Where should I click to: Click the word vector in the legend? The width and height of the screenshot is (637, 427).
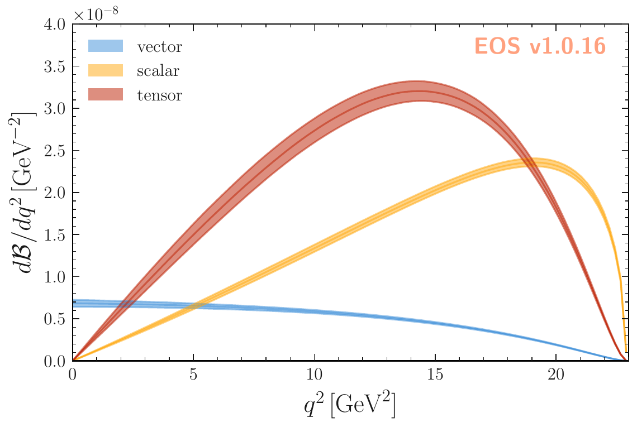click(159, 47)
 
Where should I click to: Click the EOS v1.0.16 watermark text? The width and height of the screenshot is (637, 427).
click(540, 47)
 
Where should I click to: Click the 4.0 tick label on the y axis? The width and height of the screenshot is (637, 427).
click(54, 25)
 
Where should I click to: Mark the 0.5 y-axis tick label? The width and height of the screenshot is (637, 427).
click(54, 319)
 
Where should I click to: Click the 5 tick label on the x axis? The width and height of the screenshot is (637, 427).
click(193, 373)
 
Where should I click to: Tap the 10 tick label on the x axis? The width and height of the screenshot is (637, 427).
click(314, 373)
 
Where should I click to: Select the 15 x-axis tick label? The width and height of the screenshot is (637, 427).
click(435, 373)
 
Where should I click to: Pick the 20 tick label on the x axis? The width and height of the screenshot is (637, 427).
click(555, 373)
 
